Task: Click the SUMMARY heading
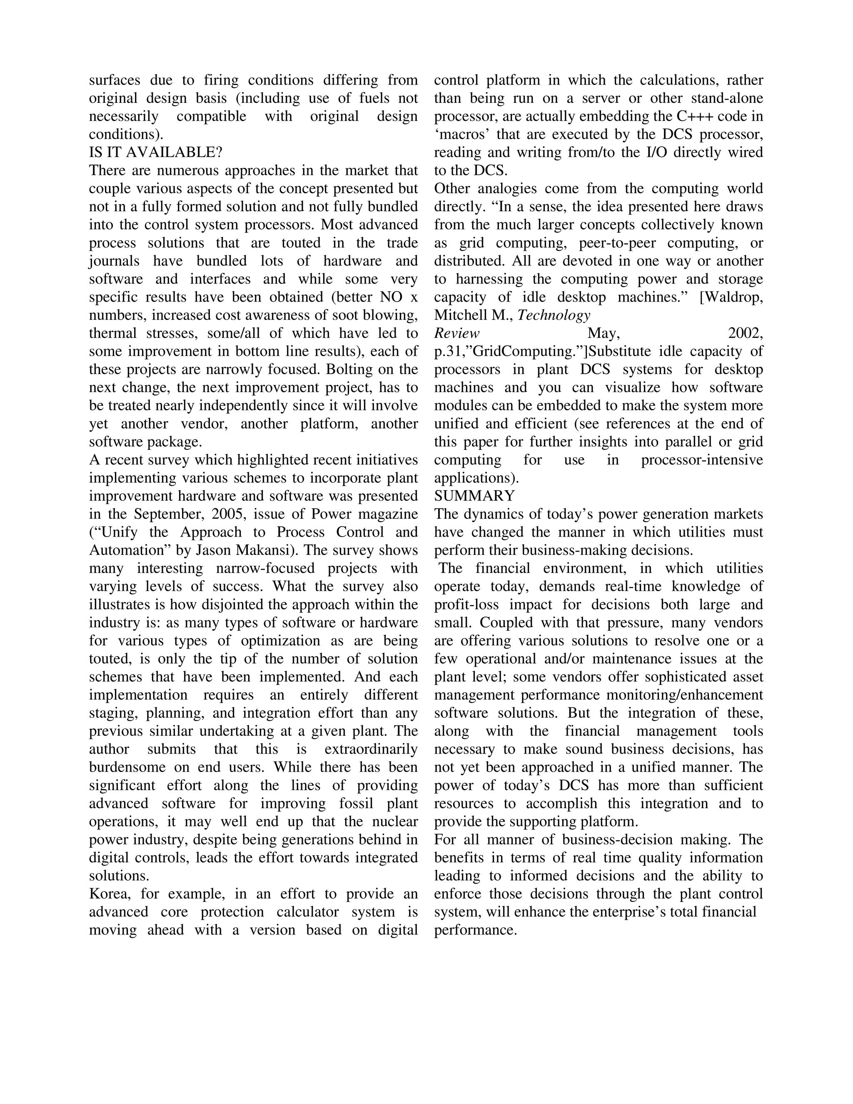tap(474, 495)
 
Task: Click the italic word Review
tap(456, 334)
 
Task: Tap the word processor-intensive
tap(701, 460)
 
